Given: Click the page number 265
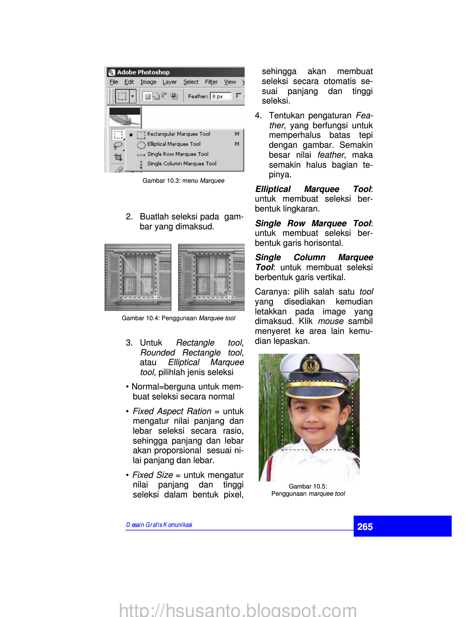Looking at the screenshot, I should (365, 527).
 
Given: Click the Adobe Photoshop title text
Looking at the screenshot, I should (143, 72).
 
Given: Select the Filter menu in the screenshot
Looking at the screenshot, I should (211, 82).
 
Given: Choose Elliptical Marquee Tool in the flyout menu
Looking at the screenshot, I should (174, 144).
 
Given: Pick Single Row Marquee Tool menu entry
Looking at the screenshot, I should (177, 154).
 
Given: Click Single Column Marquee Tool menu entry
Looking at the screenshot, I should (181, 164).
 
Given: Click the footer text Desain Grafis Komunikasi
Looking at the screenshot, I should (159, 525).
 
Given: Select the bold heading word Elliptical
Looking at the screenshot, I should (273, 189).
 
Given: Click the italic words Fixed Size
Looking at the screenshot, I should (153, 475).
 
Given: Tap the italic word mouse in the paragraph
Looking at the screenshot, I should (330, 321).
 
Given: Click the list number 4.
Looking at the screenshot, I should (258, 116).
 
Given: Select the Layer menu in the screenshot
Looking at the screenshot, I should (170, 82).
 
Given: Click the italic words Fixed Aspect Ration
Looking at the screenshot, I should (172, 411).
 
